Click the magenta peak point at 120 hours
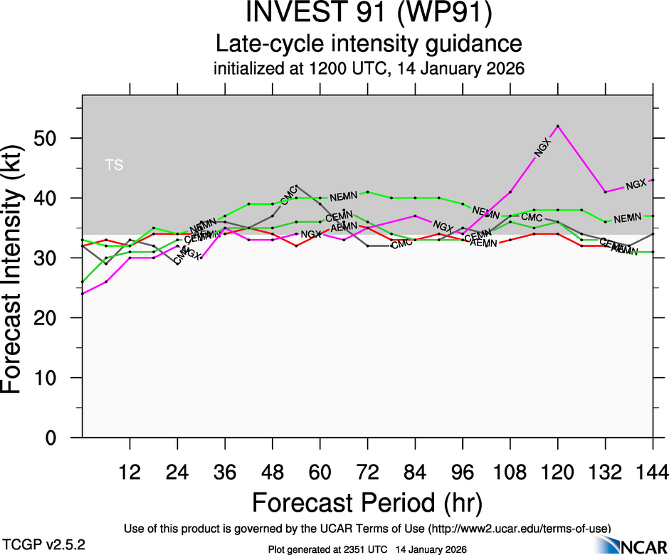[x=558, y=126]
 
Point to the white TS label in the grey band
[x=114, y=166]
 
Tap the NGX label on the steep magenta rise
[x=542, y=149]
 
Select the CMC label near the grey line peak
[x=288, y=197]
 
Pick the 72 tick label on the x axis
[x=368, y=471]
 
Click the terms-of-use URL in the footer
[x=519, y=529]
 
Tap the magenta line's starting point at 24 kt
[x=83, y=294]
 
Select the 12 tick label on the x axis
[x=130, y=471]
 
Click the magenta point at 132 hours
[x=606, y=192]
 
